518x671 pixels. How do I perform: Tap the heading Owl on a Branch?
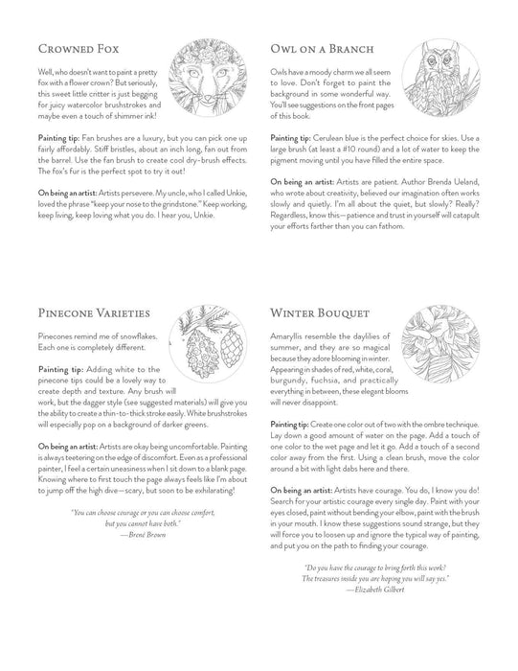click(320, 47)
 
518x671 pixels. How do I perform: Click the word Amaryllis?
click(293, 341)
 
